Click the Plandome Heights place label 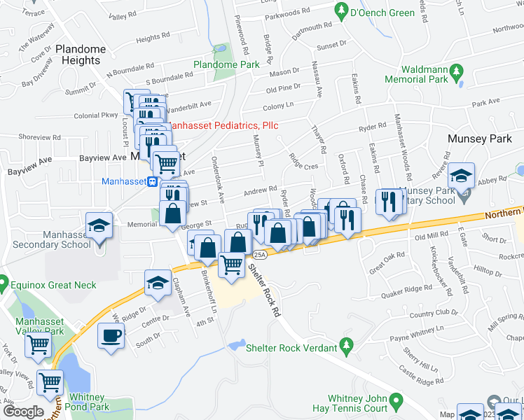[81, 55]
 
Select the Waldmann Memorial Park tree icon [457, 71]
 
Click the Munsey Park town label [481, 139]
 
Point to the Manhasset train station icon [151, 181]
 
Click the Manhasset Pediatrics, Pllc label [223, 126]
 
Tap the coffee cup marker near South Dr [111, 335]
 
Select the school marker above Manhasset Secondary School [98, 226]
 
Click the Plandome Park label [226, 64]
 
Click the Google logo [23, 412]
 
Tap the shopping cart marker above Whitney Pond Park [50, 381]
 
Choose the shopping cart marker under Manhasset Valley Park [38, 344]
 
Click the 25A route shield [260, 253]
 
